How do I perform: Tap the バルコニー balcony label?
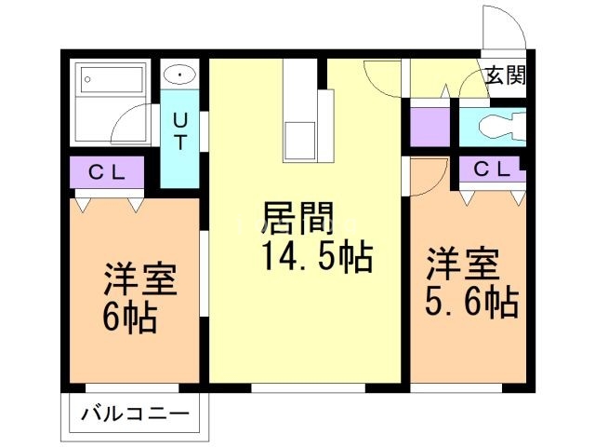click(x=134, y=412)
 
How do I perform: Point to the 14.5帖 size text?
click(x=317, y=256)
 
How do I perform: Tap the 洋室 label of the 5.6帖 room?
click(x=461, y=264)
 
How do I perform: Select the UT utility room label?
click(x=179, y=131)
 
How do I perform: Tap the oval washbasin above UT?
click(x=179, y=74)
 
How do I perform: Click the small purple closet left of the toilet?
click(x=429, y=126)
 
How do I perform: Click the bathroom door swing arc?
click(x=135, y=123)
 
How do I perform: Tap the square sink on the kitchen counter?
click(x=300, y=141)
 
